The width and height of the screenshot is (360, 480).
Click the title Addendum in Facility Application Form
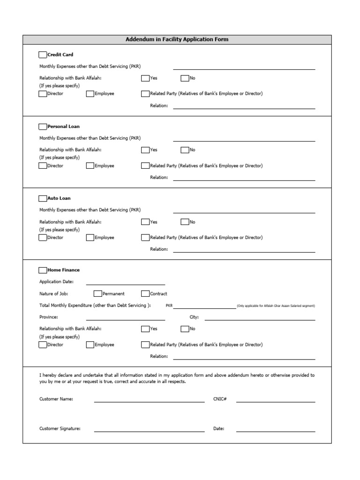(177, 39)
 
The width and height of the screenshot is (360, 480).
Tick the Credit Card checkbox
(43, 55)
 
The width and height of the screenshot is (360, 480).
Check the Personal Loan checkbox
(43, 127)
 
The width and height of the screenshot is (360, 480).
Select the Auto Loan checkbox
(43, 198)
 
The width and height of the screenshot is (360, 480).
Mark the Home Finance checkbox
(43, 270)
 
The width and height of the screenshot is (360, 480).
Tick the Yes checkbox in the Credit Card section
(145, 78)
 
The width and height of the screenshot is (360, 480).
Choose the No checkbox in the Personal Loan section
(185, 150)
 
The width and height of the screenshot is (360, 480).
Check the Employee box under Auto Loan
(90, 238)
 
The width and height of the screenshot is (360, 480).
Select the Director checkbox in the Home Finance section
(43, 345)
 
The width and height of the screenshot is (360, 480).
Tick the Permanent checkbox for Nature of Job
(97, 294)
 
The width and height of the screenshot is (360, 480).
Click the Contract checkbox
(145, 294)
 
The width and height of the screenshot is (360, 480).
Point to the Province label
(49, 317)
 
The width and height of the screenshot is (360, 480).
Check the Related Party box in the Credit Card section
(145, 94)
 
